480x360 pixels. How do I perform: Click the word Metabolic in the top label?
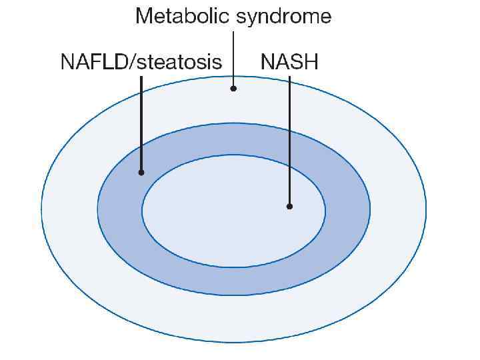click(x=179, y=16)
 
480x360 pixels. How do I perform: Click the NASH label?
click(x=289, y=63)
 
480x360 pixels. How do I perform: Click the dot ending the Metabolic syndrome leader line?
click(x=233, y=88)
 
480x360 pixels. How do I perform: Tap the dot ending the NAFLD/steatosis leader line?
click(x=141, y=172)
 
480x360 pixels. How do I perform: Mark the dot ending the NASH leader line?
click(x=289, y=206)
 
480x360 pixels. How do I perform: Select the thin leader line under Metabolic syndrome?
click(x=233, y=57)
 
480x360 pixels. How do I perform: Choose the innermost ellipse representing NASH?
click(x=233, y=227)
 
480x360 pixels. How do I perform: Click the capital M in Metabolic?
click(x=143, y=16)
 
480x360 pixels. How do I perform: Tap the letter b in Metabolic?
click(x=184, y=16)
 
